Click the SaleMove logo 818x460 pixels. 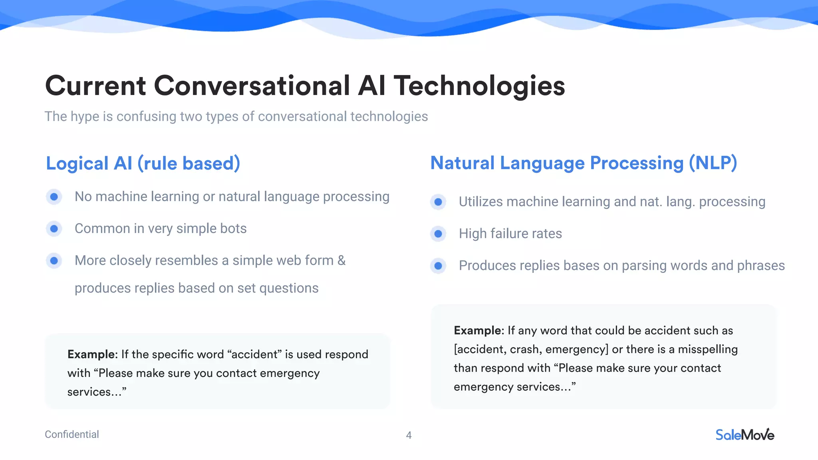click(x=745, y=435)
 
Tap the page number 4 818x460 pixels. click(x=409, y=435)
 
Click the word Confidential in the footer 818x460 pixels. click(x=72, y=434)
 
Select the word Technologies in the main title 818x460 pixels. click(x=479, y=86)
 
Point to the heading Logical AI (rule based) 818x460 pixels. click(x=143, y=163)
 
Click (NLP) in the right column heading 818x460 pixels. click(x=713, y=163)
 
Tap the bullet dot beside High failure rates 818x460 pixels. click(x=438, y=234)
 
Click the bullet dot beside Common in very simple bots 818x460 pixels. click(x=54, y=229)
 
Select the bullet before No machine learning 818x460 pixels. click(x=54, y=196)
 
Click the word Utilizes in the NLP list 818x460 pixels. click(x=480, y=202)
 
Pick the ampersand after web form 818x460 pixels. click(x=341, y=260)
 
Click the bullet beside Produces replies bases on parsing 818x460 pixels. click(x=438, y=266)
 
